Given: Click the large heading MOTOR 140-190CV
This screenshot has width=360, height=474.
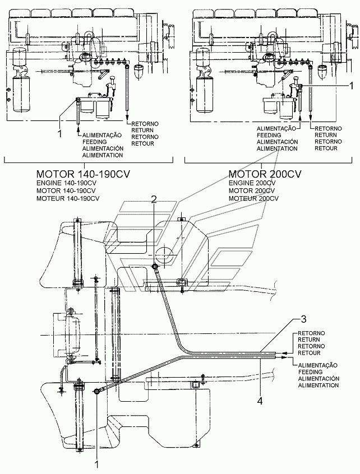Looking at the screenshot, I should (83, 174).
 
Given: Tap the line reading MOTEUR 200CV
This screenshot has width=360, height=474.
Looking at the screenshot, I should (253, 198).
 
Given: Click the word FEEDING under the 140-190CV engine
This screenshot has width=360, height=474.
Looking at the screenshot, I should (94, 141).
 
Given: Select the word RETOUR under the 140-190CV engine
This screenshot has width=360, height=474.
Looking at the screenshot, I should (140, 143).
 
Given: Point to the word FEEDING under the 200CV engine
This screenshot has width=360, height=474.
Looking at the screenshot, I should (269, 135).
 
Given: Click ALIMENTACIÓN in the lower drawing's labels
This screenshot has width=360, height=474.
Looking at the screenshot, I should (319, 379).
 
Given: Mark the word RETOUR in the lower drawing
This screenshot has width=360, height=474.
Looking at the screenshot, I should (308, 353).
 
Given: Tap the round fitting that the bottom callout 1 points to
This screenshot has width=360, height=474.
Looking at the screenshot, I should (98, 391).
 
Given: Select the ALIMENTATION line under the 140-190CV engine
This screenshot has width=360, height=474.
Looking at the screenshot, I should (103, 155).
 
